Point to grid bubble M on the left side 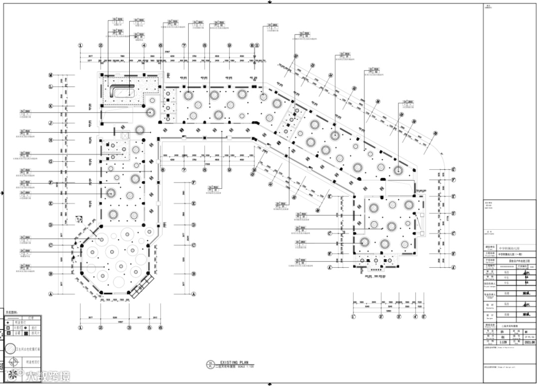click(x=50, y=75)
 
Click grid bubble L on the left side click(x=50, y=87)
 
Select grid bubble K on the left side click(x=50, y=106)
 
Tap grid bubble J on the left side click(x=50, y=123)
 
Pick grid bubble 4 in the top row click(x=144, y=45)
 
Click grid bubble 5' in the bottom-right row click(x=423, y=317)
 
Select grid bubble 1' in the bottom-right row click(x=353, y=317)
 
